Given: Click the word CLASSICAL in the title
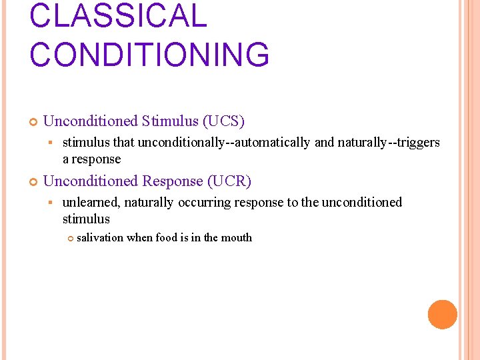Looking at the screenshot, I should click(119, 15).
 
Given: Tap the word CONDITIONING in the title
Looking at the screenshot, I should click(149, 55).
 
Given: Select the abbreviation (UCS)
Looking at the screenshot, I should click(223, 121).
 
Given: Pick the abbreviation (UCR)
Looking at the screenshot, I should click(229, 181).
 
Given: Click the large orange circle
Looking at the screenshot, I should click(442, 315).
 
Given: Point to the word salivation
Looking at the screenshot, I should click(100, 238).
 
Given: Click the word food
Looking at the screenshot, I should click(167, 238).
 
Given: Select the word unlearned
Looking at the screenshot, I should click(91, 202).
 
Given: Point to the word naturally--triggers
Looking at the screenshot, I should click(389, 142).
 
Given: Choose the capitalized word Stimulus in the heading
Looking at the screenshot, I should click(169, 121).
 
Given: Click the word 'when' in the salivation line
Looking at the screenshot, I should click(139, 238).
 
